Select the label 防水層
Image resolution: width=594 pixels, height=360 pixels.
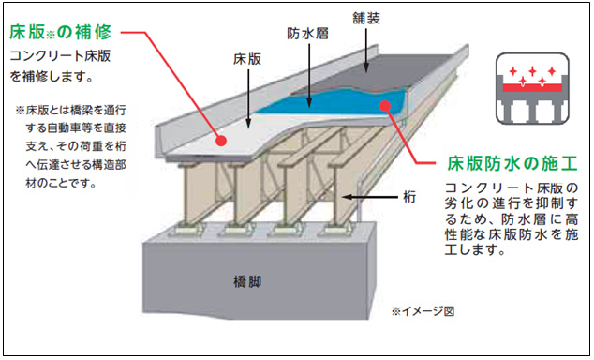(x=305, y=32)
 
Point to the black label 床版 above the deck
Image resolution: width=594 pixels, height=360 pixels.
(x=246, y=58)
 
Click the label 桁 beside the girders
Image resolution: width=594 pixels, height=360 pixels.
(x=409, y=197)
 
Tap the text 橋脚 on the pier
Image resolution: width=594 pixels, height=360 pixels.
(x=246, y=280)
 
